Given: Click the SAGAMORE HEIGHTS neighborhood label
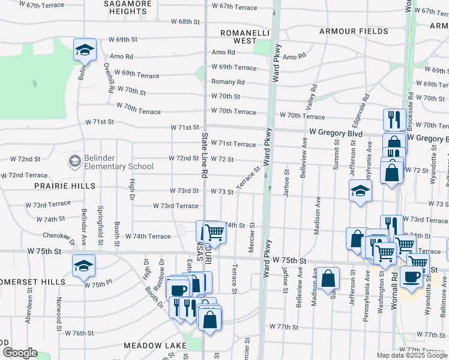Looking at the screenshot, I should coord(128,7).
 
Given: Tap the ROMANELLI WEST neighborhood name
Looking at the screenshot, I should coord(245,37).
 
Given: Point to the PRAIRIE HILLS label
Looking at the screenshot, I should coord(67,187).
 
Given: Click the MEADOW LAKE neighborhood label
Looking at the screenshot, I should coord(152,346).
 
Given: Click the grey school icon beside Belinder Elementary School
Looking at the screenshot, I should coord(74,161).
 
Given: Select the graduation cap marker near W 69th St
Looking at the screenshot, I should coord(85,50).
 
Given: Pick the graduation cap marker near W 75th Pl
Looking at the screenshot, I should coord(83,266).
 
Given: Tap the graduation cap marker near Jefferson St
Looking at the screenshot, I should coord(360,191).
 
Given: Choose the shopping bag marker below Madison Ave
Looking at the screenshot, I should coord(328,278).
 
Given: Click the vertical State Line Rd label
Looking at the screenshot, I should coord(204,155).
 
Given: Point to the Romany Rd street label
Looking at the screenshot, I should coord(228,82).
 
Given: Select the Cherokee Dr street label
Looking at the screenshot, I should coord(58,236).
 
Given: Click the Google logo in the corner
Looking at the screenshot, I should coord(19,353).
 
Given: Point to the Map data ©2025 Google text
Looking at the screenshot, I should coord(412,355).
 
